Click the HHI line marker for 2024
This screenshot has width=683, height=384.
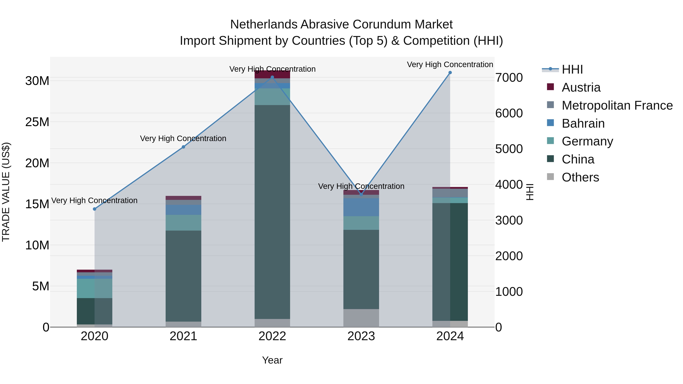click(450, 73)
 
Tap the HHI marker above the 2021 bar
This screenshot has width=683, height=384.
click(183, 147)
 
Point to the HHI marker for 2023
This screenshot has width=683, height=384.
click(361, 194)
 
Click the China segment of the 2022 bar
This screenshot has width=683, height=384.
click(272, 212)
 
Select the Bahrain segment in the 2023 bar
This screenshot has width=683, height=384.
click(361, 207)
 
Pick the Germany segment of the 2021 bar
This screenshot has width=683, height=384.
click(183, 223)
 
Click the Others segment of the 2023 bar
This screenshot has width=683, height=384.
click(361, 318)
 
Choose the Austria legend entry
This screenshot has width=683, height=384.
click(581, 87)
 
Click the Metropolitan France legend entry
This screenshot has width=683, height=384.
click(617, 105)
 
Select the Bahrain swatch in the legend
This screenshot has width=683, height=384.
click(550, 123)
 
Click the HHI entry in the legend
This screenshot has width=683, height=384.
click(572, 69)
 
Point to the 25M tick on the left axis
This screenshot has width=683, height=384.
click(37, 122)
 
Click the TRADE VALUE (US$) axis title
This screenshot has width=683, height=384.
click(6, 192)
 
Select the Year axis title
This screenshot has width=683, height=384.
click(272, 360)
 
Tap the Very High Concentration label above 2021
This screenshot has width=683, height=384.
click(183, 138)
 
